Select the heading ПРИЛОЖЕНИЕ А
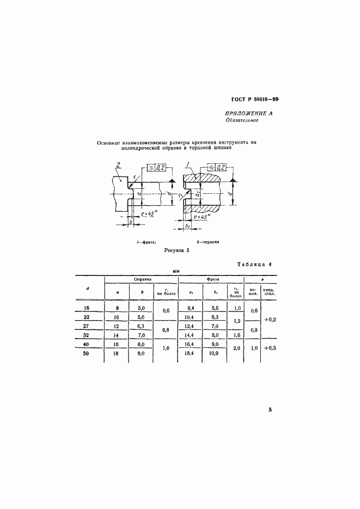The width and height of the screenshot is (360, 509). (248, 113)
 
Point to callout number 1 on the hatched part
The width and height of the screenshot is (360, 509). (187, 164)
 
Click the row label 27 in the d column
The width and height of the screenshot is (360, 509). (88, 326)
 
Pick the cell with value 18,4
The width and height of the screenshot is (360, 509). (190, 354)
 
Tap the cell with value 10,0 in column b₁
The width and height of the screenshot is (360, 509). (214, 354)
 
